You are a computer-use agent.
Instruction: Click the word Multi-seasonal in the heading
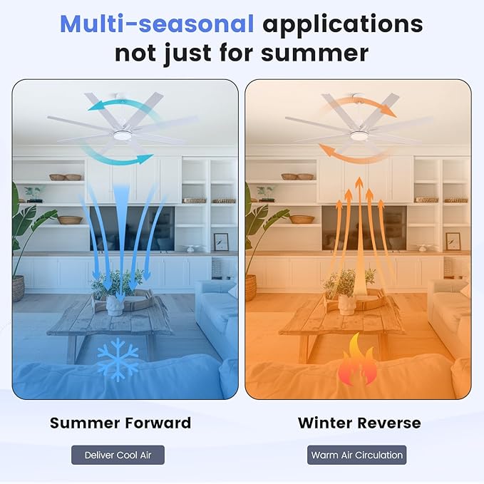coord(157,24)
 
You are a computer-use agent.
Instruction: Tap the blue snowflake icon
coord(118,359)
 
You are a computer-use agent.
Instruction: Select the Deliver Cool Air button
coord(118,455)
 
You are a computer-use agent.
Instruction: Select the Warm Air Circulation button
coord(357,455)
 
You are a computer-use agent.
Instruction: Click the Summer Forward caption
coord(120,423)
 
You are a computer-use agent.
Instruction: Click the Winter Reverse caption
coord(359,423)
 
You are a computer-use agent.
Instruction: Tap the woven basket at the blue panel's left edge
coord(18,288)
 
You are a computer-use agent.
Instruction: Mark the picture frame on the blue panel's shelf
coord(221,242)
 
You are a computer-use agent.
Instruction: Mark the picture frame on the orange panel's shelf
coord(453,242)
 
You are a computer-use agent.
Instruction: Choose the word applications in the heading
coord(342,24)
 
